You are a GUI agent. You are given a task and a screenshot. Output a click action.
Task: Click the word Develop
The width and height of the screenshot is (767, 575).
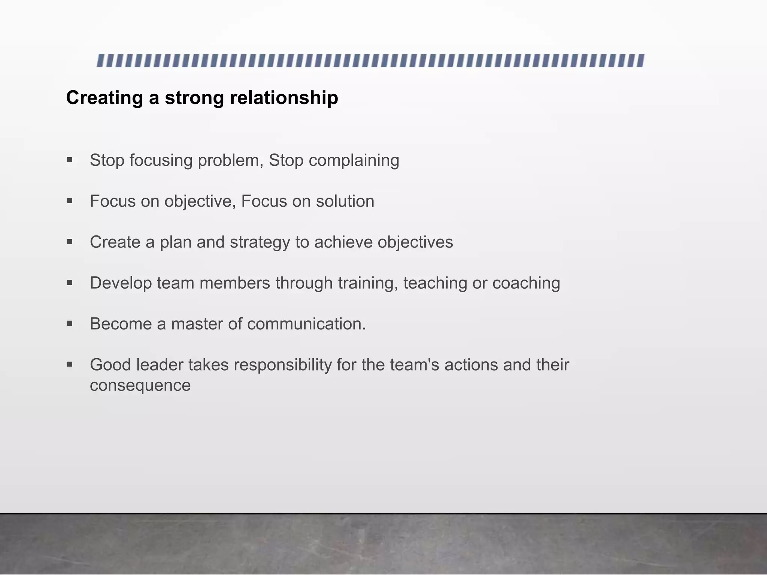pos(121,283)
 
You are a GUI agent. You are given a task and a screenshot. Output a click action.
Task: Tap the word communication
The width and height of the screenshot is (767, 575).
pos(306,324)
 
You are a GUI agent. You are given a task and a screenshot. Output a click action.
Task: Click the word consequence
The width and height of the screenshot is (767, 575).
pos(140,385)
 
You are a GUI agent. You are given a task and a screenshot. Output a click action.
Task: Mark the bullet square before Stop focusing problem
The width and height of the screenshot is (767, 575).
pos(70,160)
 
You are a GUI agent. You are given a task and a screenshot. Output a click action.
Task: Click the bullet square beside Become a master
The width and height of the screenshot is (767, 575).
pos(70,323)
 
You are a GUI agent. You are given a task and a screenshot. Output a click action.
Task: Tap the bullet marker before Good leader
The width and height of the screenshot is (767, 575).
pos(70,364)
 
